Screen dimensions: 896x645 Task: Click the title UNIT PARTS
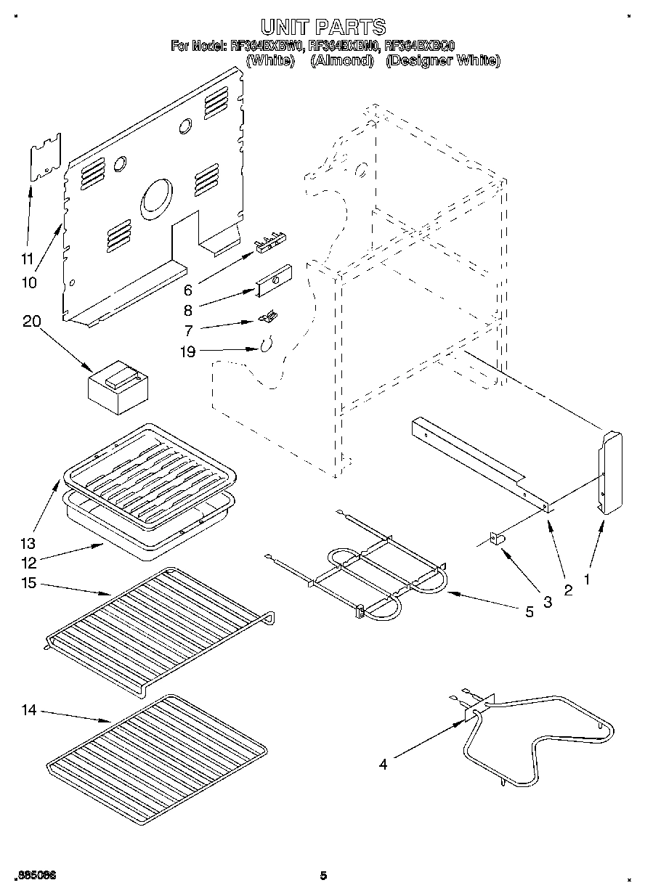322,28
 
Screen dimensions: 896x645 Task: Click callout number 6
187,290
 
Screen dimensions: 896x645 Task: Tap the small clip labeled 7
269,317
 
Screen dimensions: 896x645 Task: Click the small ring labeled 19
267,345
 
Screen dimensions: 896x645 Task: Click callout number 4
383,762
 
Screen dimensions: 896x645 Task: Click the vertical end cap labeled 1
610,472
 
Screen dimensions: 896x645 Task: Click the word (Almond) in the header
341,61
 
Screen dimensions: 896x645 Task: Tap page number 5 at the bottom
323,876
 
